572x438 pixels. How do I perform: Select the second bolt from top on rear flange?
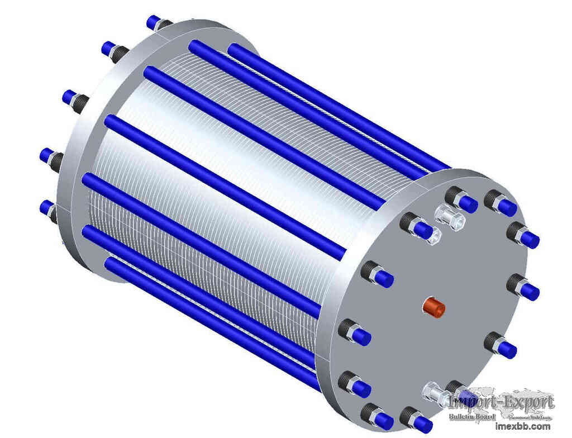pyautogui.click(x=116, y=53)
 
